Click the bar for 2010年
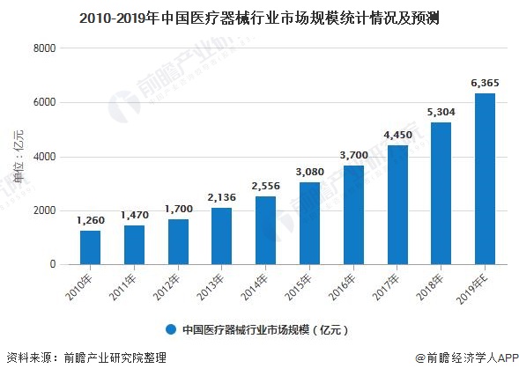click(90, 247)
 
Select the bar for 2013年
click(222, 236)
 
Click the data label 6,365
click(485, 84)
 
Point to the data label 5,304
click(441, 112)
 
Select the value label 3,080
click(309, 172)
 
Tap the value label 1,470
click(134, 215)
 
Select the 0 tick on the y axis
click(53, 264)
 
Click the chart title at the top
click(259, 17)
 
